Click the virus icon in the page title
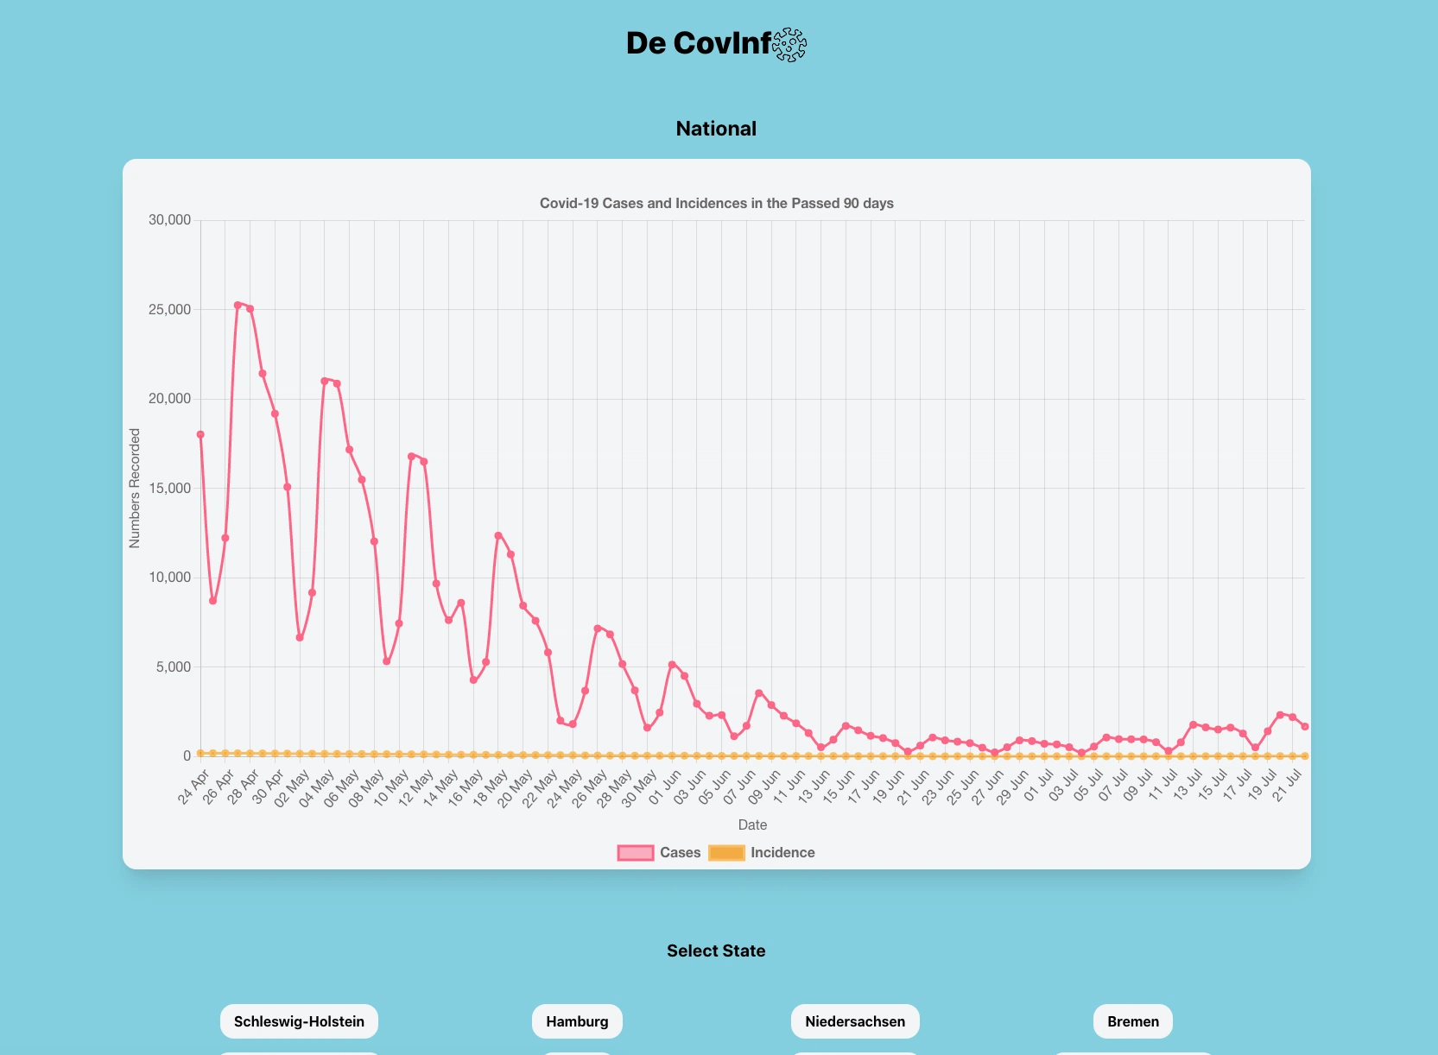789,44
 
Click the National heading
716,129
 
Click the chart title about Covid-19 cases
716,204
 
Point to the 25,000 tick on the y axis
169,310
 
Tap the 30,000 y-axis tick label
169,220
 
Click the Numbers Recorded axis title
135,488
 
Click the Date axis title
752,825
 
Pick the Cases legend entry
659,853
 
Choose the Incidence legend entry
762,853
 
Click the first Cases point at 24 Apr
200,435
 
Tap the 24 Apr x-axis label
194,787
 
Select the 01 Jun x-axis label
665,787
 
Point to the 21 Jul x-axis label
1287,787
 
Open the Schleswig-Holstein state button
299,1021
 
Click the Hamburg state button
577,1021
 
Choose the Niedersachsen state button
855,1021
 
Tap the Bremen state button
1133,1021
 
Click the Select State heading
716,951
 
